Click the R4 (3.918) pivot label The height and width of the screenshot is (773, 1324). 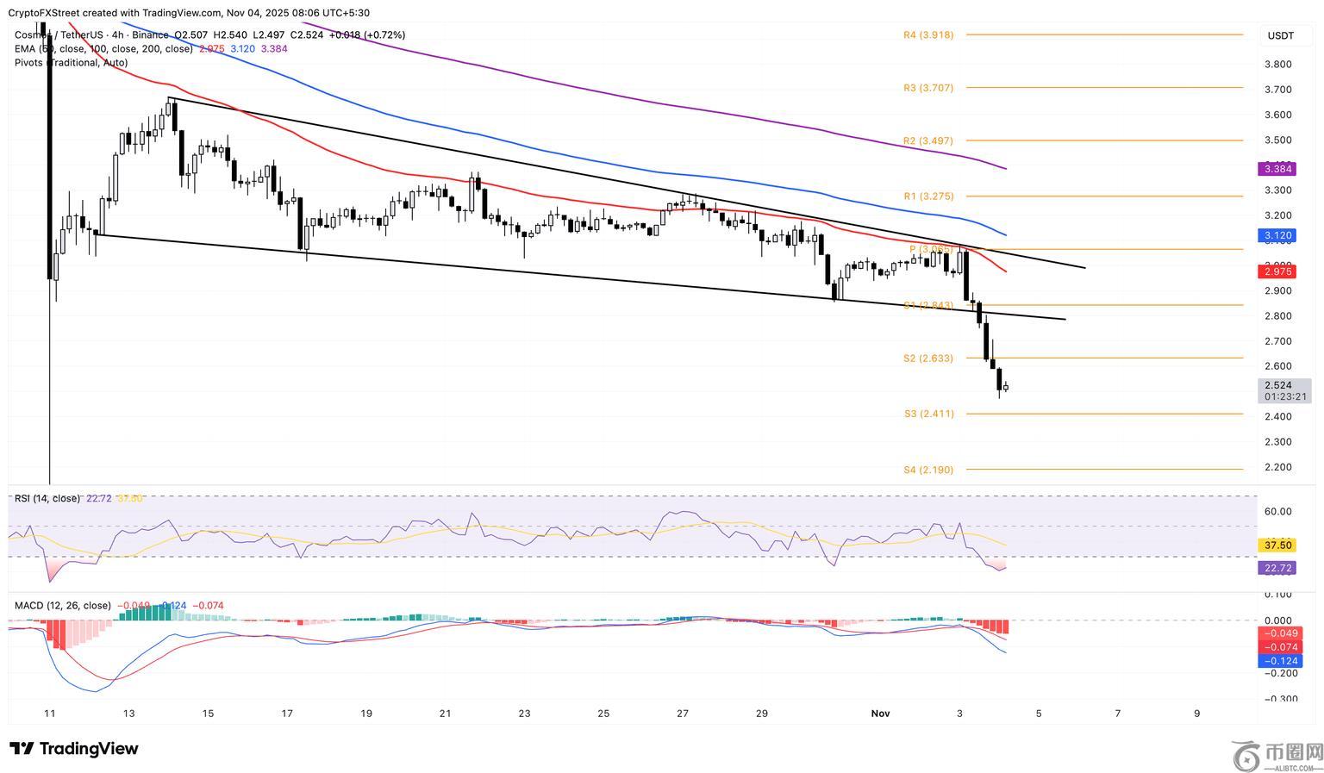928,35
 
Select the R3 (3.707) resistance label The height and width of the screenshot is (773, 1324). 928,88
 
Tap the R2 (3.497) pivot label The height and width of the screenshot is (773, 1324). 928,140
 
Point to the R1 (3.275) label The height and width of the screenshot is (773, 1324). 928,196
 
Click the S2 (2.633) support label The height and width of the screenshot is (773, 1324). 928,358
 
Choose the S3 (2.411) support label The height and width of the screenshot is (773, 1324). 928,414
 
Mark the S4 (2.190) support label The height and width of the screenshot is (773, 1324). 928,470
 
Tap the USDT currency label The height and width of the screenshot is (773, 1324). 1280,35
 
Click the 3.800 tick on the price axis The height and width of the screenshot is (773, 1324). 1277,65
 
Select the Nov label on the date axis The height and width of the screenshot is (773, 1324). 880,713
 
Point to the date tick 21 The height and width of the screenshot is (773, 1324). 445,713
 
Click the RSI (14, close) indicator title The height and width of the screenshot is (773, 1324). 47,498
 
